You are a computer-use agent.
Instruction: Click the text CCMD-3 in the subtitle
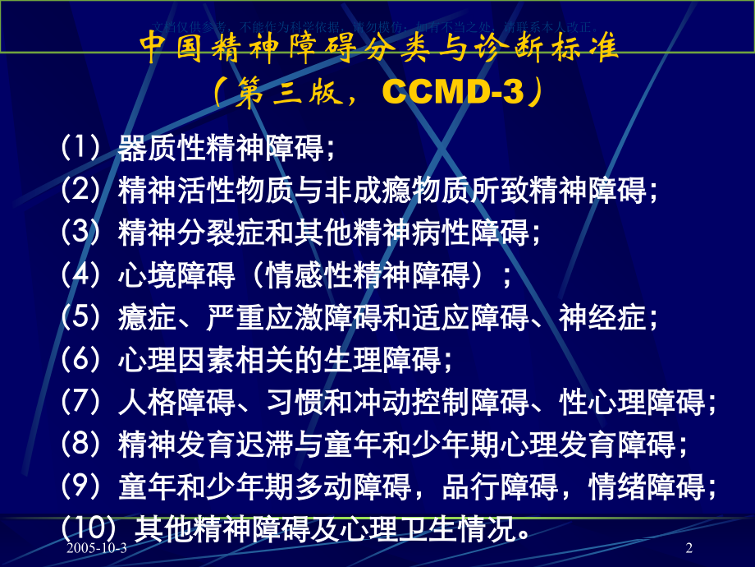(452, 93)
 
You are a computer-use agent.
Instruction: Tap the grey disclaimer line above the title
(377, 26)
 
